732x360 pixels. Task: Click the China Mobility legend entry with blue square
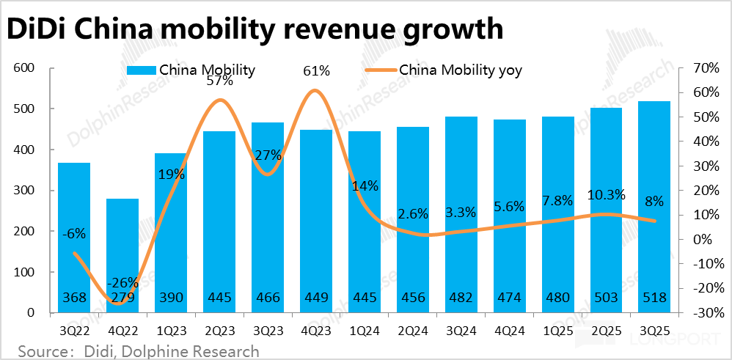coord(191,70)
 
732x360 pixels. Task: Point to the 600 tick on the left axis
coord(25,68)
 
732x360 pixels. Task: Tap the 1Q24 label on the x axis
coord(364,328)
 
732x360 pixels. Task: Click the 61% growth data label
coord(317,71)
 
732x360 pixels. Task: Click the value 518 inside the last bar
coord(655,298)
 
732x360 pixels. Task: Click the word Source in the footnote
coord(37,350)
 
